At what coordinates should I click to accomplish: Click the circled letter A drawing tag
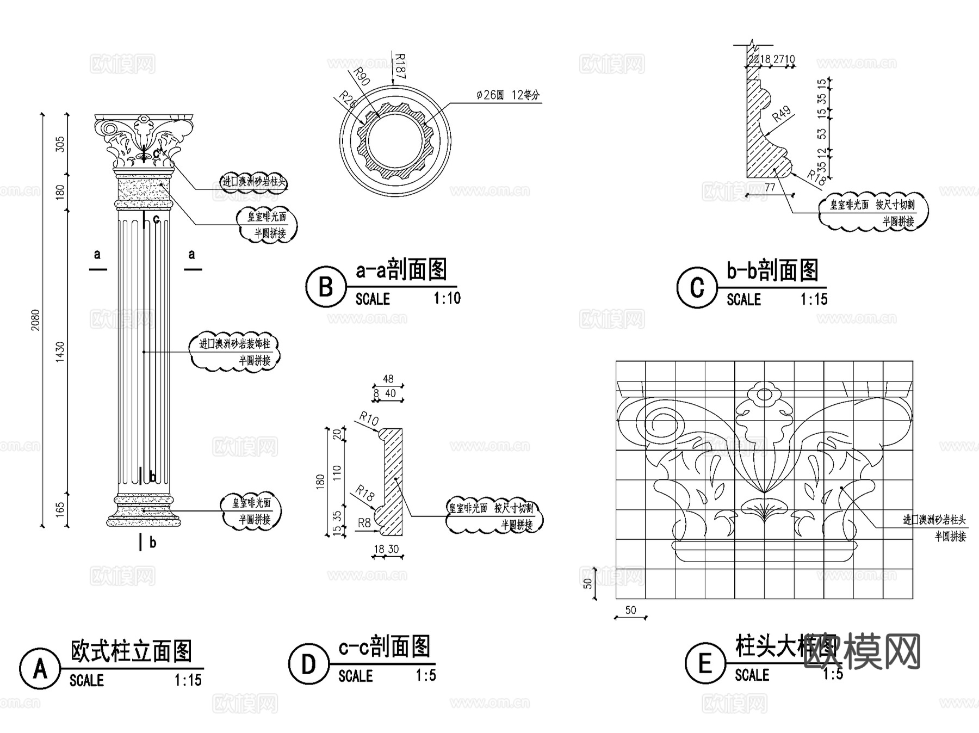40,668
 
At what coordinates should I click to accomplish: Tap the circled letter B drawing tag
326,286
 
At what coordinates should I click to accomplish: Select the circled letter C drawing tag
697,287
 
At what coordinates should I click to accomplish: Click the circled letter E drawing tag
705,663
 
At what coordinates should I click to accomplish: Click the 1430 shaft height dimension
60,352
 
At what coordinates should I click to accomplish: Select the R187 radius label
400,66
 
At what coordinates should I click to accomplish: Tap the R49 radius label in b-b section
781,114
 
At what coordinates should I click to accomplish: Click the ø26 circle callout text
508,95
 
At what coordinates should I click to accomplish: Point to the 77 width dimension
770,187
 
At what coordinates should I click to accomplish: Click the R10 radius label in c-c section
369,419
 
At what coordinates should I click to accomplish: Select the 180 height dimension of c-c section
320,481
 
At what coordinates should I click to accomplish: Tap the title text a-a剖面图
401,270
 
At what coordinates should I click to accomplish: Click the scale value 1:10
447,298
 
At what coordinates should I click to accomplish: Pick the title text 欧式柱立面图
131,651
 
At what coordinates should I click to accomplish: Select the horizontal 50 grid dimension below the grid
630,611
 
